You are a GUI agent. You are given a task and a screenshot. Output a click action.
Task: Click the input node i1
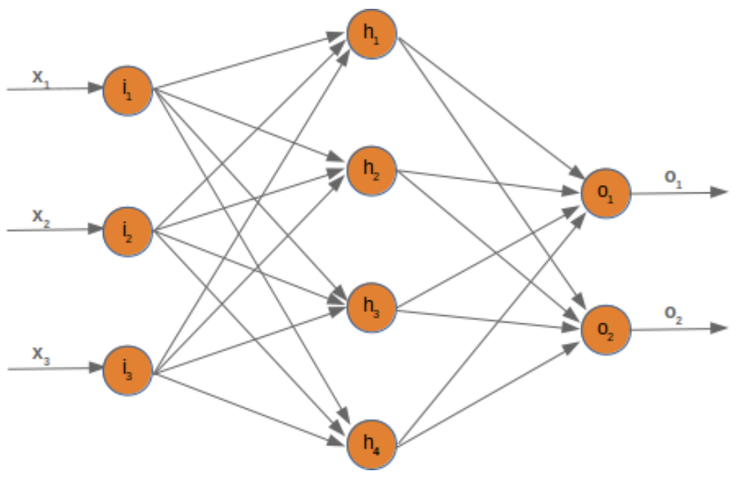[x=128, y=90]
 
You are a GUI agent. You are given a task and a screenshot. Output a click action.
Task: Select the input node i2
[x=128, y=231]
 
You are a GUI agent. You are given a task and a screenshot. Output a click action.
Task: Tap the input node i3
[x=128, y=370]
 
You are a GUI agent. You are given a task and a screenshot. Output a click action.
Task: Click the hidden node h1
[x=372, y=34]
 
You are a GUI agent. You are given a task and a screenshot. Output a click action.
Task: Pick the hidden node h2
[x=372, y=171]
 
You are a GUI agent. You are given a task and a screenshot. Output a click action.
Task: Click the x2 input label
[x=41, y=216]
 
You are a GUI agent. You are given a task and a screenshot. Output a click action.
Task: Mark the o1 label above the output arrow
[x=673, y=179]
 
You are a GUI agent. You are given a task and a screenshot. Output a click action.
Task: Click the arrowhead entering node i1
[x=95, y=88]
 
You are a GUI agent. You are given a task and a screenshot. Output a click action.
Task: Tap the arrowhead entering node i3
[x=95, y=368]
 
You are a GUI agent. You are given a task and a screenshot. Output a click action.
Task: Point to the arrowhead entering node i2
[x=95, y=229]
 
